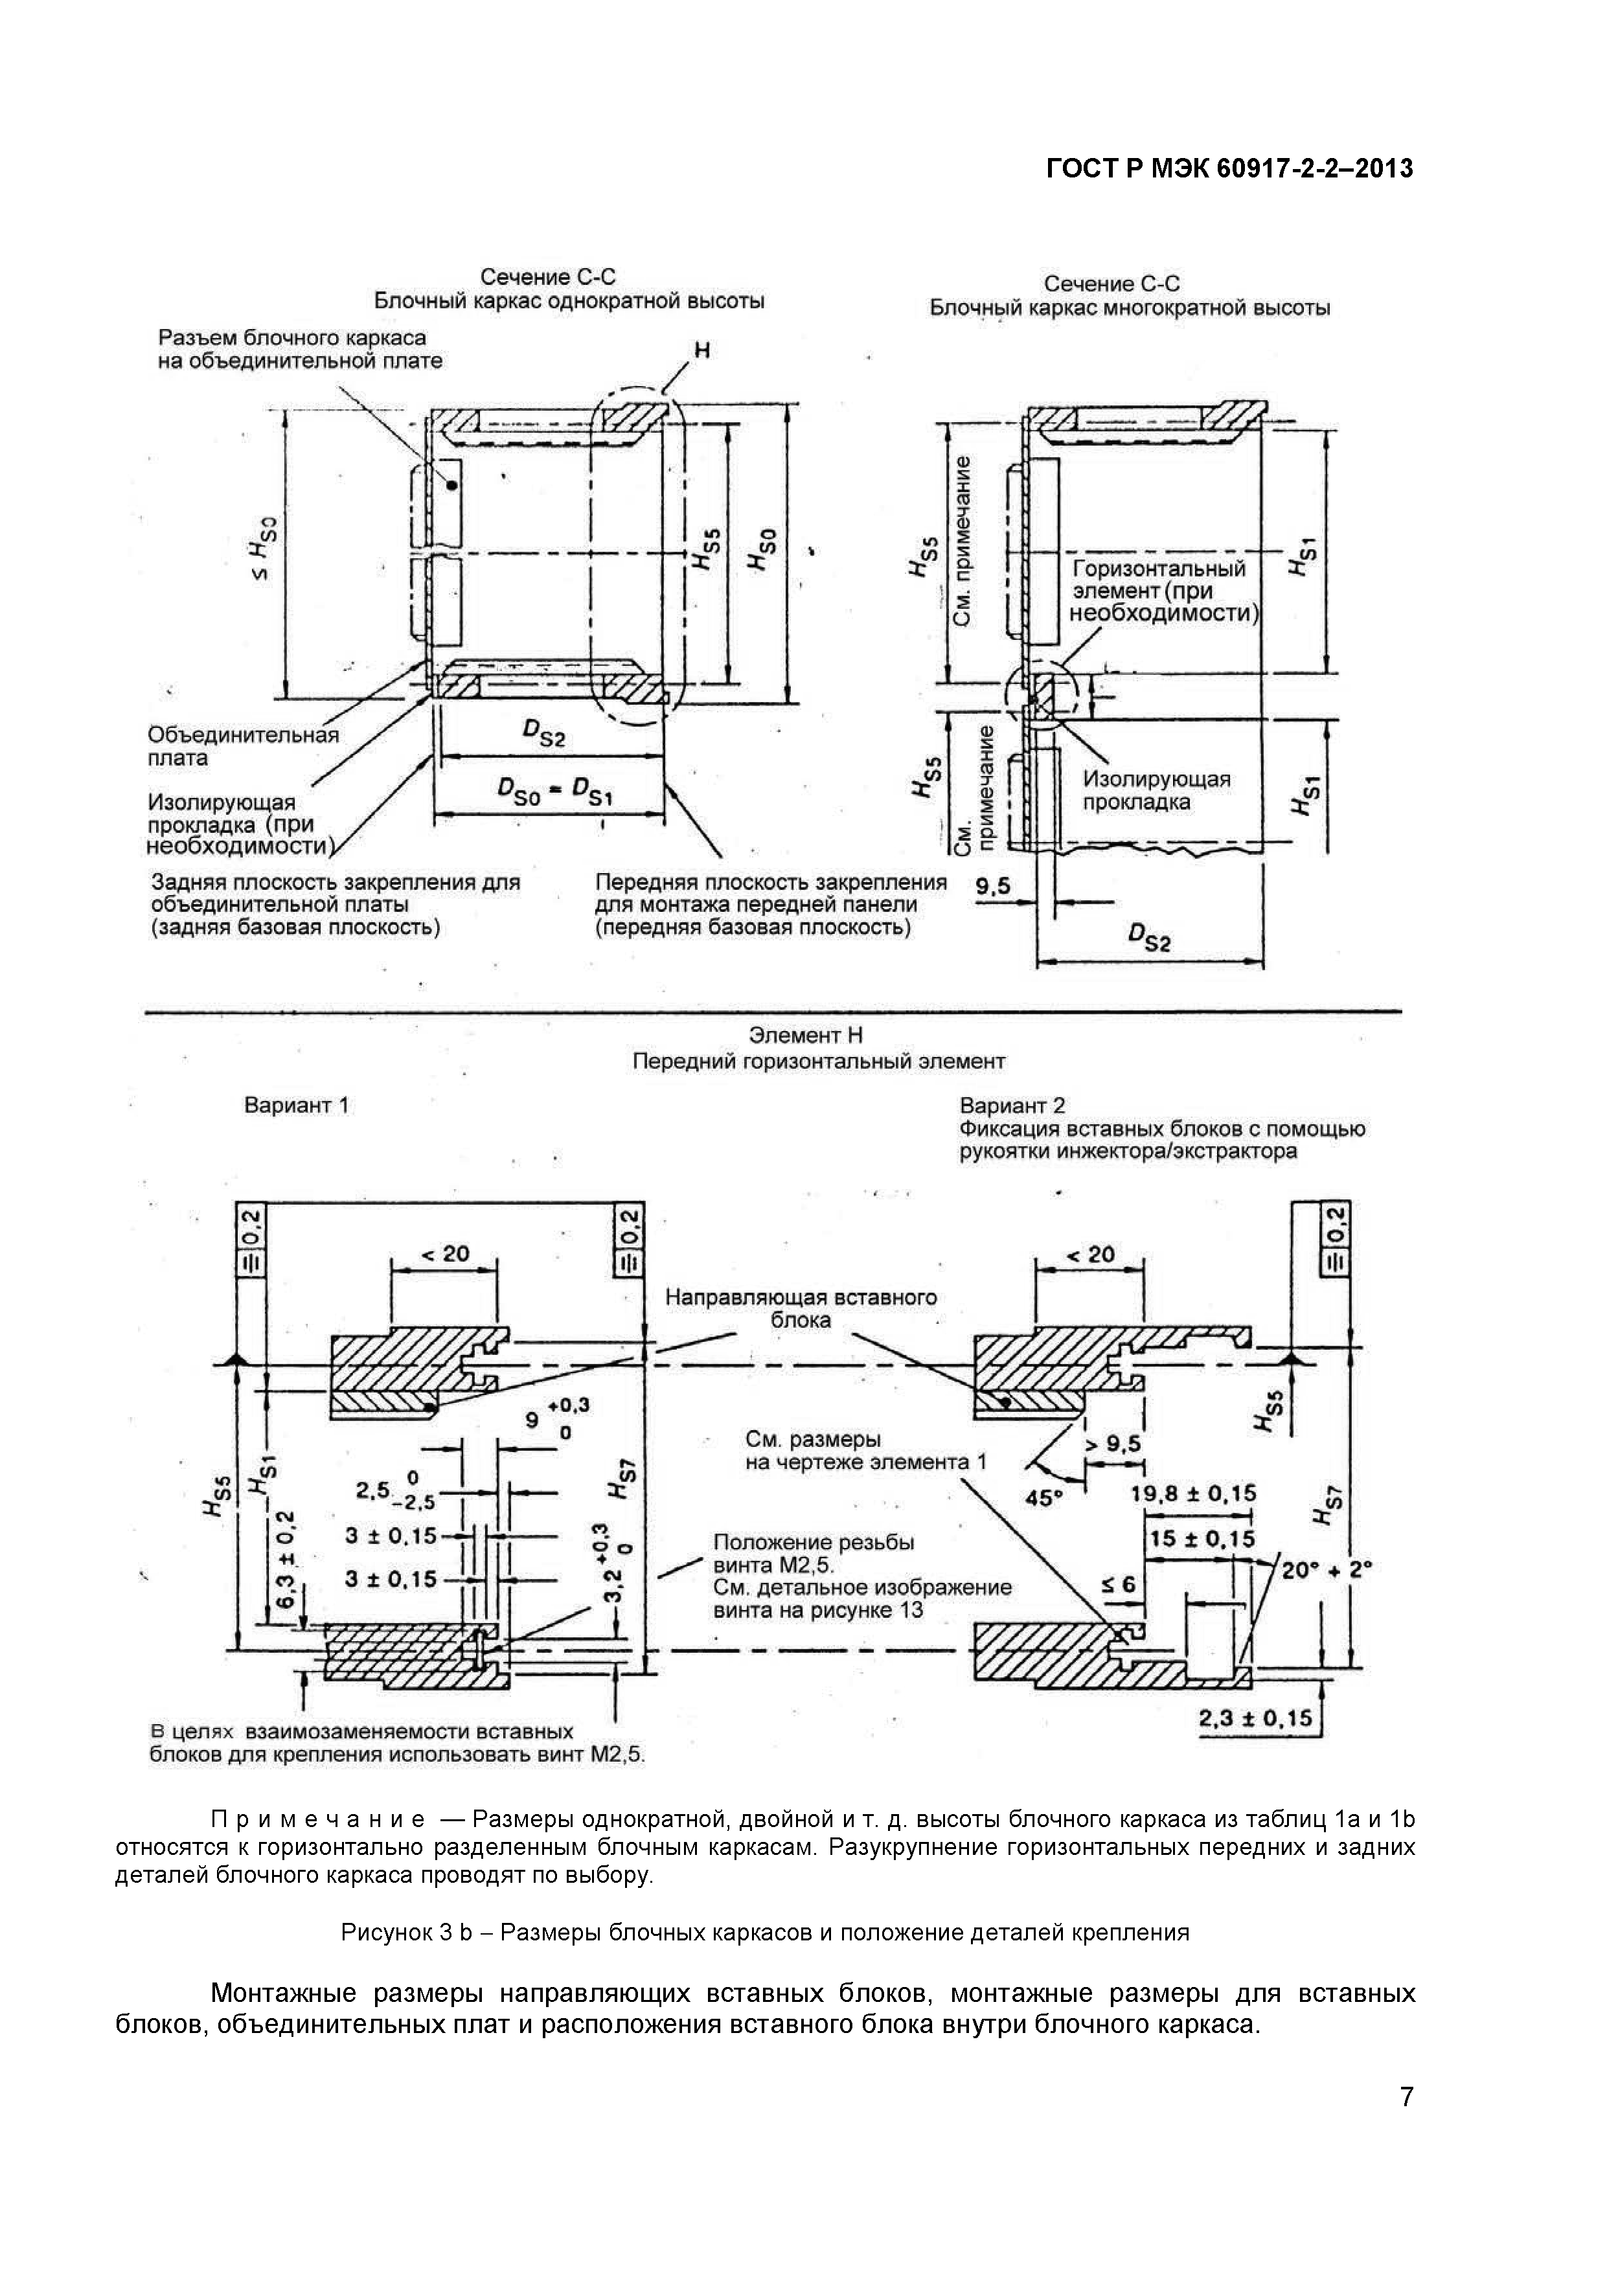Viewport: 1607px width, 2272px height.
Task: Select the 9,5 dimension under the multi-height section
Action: coord(992,887)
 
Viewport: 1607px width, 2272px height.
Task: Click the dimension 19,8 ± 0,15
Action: coord(1192,1494)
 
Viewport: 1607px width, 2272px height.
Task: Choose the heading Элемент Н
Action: coord(804,1035)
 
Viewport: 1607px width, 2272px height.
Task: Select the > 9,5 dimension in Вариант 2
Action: coord(1113,1444)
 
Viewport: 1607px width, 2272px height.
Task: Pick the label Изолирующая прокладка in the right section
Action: coord(1156,791)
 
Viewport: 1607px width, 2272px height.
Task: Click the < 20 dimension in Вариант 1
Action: coord(445,1254)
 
